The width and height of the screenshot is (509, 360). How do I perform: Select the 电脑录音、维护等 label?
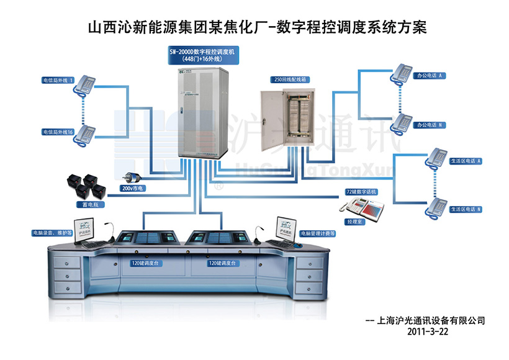[52, 233]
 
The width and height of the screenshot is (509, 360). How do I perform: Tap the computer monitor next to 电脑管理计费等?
[287, 228]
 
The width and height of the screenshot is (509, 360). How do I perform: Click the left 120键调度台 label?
[145, 263]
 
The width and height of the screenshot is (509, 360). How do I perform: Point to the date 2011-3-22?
[428, 331]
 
